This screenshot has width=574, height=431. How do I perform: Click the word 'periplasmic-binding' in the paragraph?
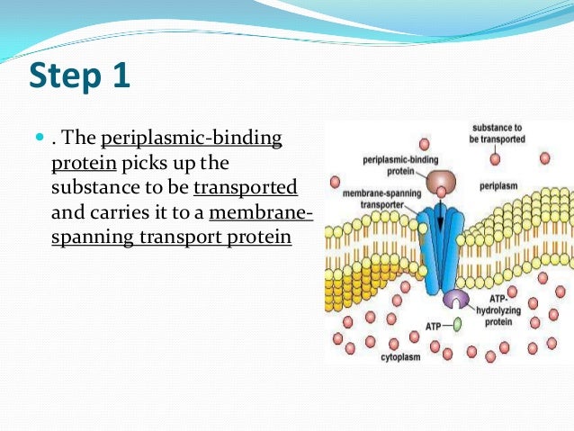point(192,139)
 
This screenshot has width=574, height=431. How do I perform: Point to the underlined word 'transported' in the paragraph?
point(245,190)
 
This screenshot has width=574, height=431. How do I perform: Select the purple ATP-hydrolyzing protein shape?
point(457,300)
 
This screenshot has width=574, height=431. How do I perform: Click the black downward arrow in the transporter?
point(441,221)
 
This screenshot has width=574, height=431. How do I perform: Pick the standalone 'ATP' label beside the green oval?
point(434,326)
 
